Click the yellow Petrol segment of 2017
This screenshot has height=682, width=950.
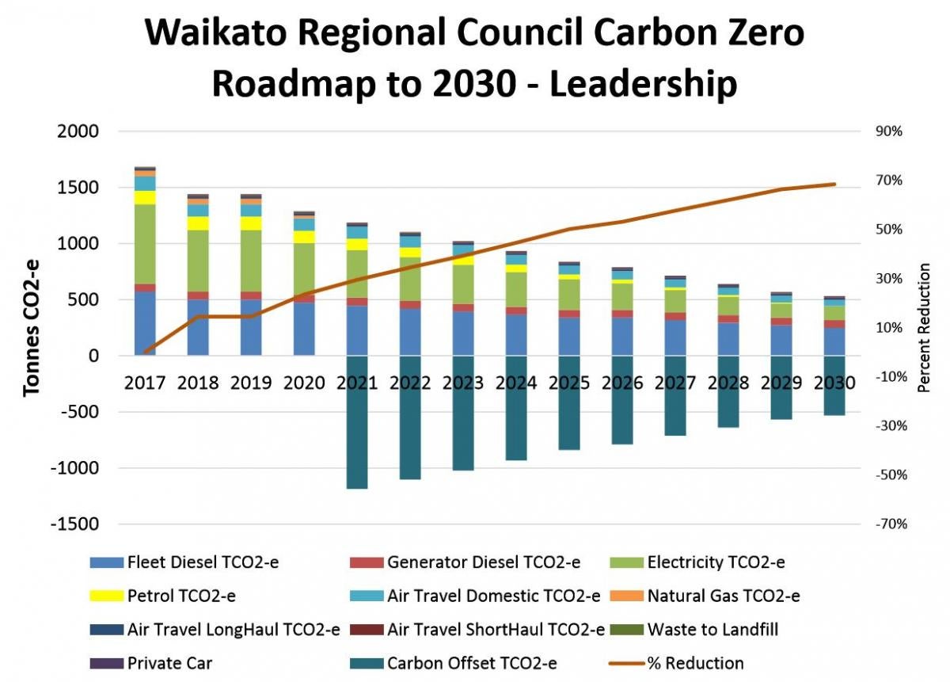(145, 197)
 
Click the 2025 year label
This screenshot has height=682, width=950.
(569, 383)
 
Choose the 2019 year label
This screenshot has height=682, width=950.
(251, 383)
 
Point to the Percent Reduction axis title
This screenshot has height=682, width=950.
(923, 329)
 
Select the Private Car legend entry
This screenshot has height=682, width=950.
(169, 663)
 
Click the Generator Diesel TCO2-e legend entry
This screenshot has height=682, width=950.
(484, 562)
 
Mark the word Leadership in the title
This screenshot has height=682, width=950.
(643, 84)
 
